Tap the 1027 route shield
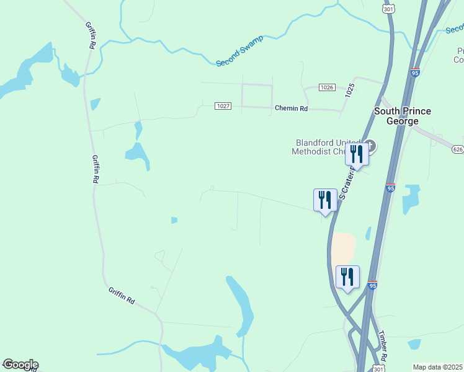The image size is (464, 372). click(223, 107)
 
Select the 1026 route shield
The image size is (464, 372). click(328, 87)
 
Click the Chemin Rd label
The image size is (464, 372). click(291, 108)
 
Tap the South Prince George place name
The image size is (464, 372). click(402, 116)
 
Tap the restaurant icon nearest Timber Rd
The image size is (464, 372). click(347, 276)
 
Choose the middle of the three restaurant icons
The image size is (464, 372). click(325, 199)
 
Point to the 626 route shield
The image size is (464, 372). click(458, 149)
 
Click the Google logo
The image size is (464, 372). click(20, 365)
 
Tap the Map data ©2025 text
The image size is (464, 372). click(437, 367)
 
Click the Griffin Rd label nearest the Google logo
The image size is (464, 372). click(122, 296)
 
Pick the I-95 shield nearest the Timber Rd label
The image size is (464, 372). click(372, 285)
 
